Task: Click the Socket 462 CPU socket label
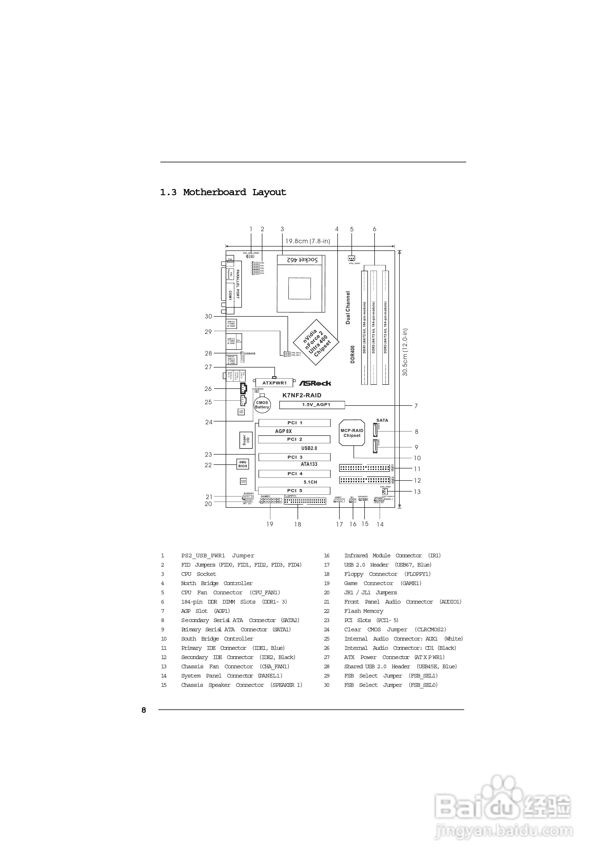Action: pyautogui.click(x=302, y=260)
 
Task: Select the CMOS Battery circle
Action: pyautogui.click(x=262, y=405)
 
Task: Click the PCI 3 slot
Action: pyautogui.click(x=294, y=457)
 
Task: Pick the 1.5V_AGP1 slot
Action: pyautogui.click(x=312, y=405)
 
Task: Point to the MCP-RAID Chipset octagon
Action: pyautogui.click(x=352, y=433)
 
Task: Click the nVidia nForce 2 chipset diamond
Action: pyautogui.click(x=316, y=342)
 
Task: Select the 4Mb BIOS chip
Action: pyautogui.click(x=243, y=464)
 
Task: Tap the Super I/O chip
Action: pyautogui.click(x=246, y=440)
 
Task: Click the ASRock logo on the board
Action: pyautogui.click(x=315, y=383)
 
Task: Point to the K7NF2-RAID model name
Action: pyautogui.click(x=302, y=395)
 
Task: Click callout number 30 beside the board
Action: pyautogui.click(x=208, y=316)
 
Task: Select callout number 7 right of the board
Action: pyautogui.click(x=416, y=406)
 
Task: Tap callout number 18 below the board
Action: pyautogui.click(x=298, y=524)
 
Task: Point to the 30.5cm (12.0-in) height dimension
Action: pyautogui.click(x=405, y=352)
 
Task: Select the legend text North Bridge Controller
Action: pyautogui.click(x=217, y=583)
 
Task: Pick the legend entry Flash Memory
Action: pyautogui.click(x=364, y=611)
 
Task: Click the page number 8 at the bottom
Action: pyautogui.click(x=144, y=710)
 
